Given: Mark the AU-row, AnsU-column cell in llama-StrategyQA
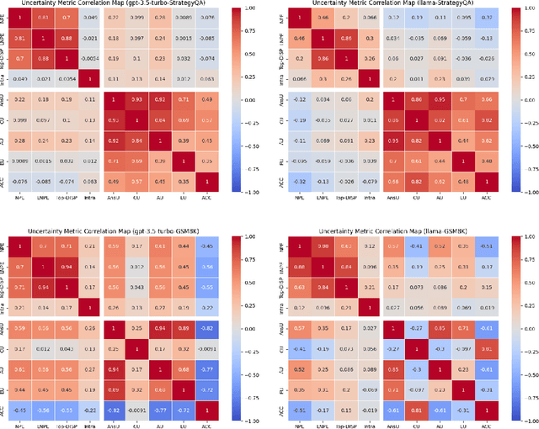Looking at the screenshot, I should coord(392,140).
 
